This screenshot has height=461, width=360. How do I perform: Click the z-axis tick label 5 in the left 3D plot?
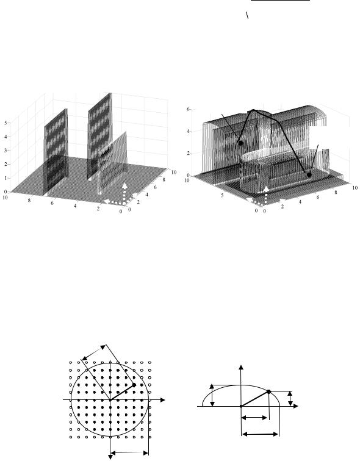(x=5, y=123)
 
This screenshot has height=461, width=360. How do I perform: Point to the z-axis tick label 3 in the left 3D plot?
(x=5, y=150)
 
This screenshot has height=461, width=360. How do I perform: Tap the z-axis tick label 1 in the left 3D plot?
(x=5, y=177)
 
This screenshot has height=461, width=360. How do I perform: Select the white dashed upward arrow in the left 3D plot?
(x=124, y=193)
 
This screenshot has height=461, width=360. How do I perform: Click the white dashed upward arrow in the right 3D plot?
(x=266, y=195)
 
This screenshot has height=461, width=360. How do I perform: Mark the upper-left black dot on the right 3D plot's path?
(x=241, y=143)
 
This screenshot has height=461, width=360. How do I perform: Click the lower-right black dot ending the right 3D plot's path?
(x=309, y=174)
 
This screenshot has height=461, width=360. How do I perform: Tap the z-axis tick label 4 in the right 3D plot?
(x=188, y=131)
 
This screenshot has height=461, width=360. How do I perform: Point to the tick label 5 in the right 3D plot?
(x=223, y=195)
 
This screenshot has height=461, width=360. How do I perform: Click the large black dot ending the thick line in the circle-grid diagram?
(x=134, y=385)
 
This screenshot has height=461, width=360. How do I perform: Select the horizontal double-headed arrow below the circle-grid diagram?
(x=129, y=453)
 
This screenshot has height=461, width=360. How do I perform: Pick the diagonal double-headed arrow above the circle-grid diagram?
(x=93, y=352)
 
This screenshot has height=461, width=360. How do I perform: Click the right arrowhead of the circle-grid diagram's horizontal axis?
(x=162, y=400)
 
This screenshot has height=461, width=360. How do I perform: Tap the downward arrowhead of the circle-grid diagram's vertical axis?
(x=110, y=457)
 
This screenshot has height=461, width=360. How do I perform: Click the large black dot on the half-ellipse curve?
(x=268, y=391)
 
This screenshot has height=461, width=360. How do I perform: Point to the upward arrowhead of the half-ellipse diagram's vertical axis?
(x=242, y=367)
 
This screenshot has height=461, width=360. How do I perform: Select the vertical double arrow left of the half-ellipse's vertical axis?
(x=212, y=395)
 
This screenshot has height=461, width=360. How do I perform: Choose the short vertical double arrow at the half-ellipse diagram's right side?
(x=290, y=398)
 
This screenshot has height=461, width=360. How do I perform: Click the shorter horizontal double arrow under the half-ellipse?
(x=254, y=417)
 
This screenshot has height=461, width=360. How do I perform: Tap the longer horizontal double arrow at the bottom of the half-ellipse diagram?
(x=260, y=434)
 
